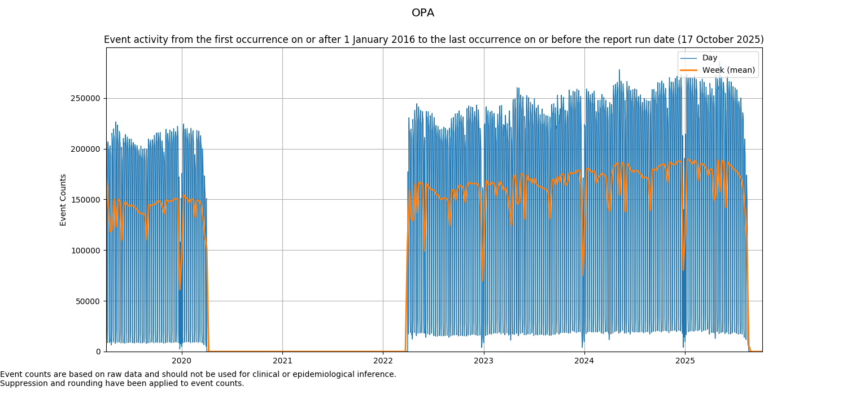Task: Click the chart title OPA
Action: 423,13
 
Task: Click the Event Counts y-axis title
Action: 63,200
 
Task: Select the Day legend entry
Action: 710,58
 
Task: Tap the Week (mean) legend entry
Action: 728,70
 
